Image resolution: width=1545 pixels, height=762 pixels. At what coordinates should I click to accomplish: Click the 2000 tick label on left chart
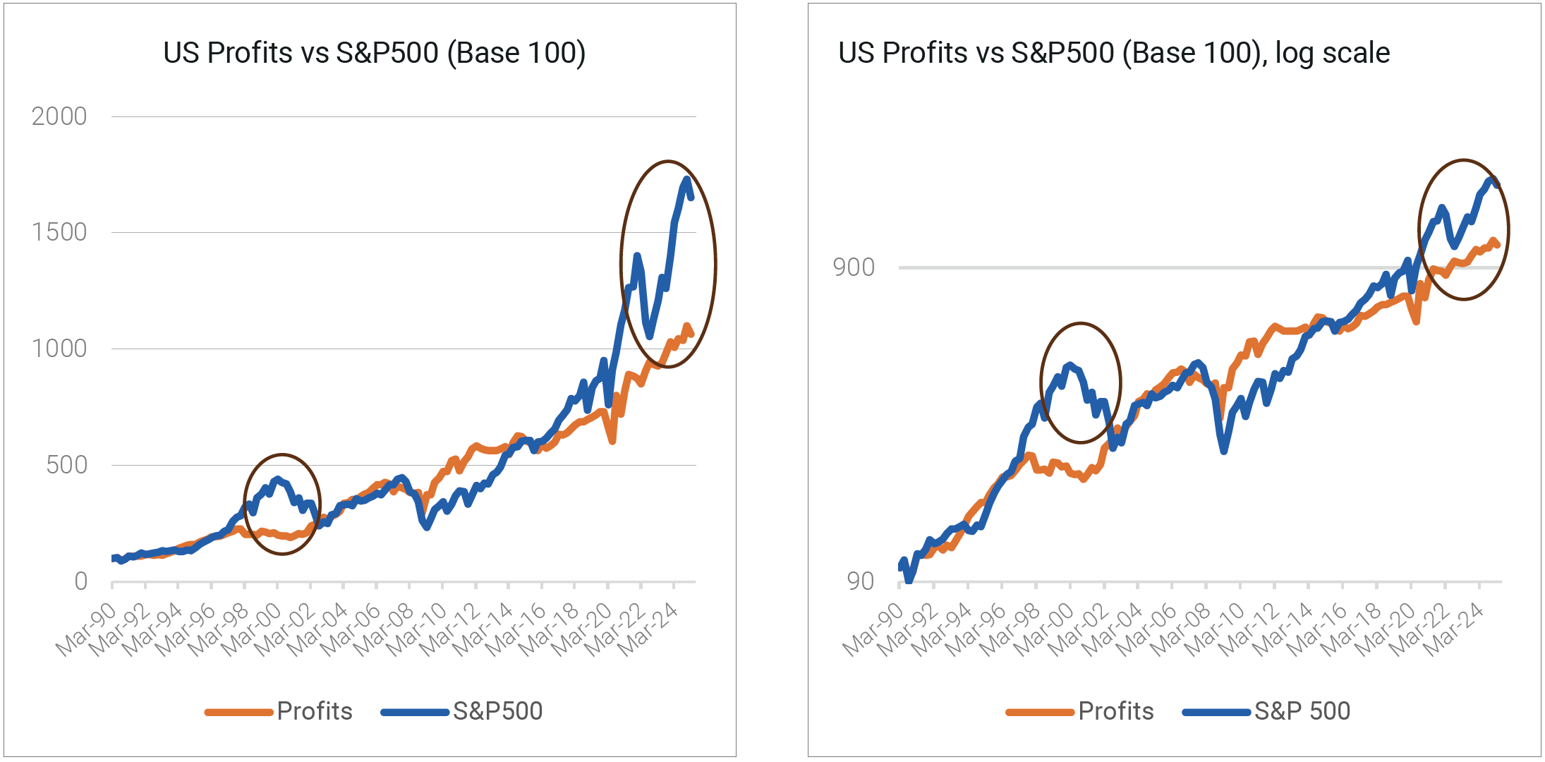tap(59, 116)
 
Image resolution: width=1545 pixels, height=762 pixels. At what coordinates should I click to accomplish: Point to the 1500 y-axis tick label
tap(59, 232)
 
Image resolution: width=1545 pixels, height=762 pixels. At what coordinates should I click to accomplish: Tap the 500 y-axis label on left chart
tap(67, 465)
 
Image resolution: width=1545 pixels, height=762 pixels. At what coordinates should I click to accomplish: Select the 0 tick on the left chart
tap(81, 581)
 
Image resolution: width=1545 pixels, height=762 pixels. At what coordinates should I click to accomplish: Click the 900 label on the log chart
tap(854, 267)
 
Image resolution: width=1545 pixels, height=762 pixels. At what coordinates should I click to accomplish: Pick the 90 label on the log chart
tap(861, 581)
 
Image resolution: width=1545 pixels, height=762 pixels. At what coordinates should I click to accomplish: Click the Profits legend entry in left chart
tap(314, 711)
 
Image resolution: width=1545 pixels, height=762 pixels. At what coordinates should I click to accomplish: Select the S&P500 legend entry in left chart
tap(497, 711)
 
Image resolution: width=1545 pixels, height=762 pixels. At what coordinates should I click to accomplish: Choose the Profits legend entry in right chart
tap(1115, 711)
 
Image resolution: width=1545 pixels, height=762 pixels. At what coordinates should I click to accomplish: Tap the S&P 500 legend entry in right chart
tap(1302, 711)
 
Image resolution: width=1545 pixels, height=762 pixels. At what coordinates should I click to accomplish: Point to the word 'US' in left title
tap(181, 53)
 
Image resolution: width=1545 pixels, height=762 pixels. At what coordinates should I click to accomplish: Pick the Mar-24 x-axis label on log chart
tap(1453, 629)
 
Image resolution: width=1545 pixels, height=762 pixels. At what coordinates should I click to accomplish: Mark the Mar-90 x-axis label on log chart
tap(873, 629)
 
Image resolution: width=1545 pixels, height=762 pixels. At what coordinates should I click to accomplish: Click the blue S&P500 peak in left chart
tap(686, 180)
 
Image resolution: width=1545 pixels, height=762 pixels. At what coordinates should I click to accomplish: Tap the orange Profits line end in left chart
tap(691, 334)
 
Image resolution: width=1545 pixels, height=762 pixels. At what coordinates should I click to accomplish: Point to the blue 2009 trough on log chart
tap(1224, 450)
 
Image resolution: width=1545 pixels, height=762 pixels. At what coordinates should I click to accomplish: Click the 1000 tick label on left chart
tap(59, 349)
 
